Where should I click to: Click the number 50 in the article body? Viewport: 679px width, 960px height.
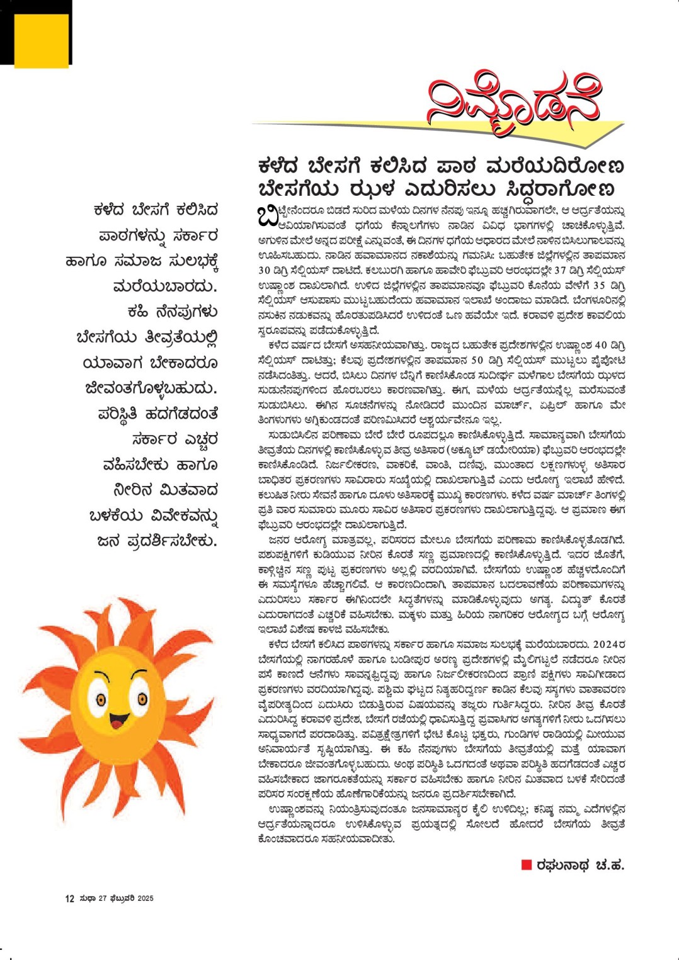coord(478,360)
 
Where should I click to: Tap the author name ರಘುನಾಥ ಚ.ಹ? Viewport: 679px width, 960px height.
coord(579,865)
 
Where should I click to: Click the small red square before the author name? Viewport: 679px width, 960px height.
coord(527,865)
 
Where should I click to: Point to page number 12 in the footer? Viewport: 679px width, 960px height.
coord(69,898)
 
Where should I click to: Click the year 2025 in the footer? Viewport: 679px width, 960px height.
coord(145,898)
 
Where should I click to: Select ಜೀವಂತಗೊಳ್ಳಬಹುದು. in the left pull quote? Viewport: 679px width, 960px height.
coord(151,388)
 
